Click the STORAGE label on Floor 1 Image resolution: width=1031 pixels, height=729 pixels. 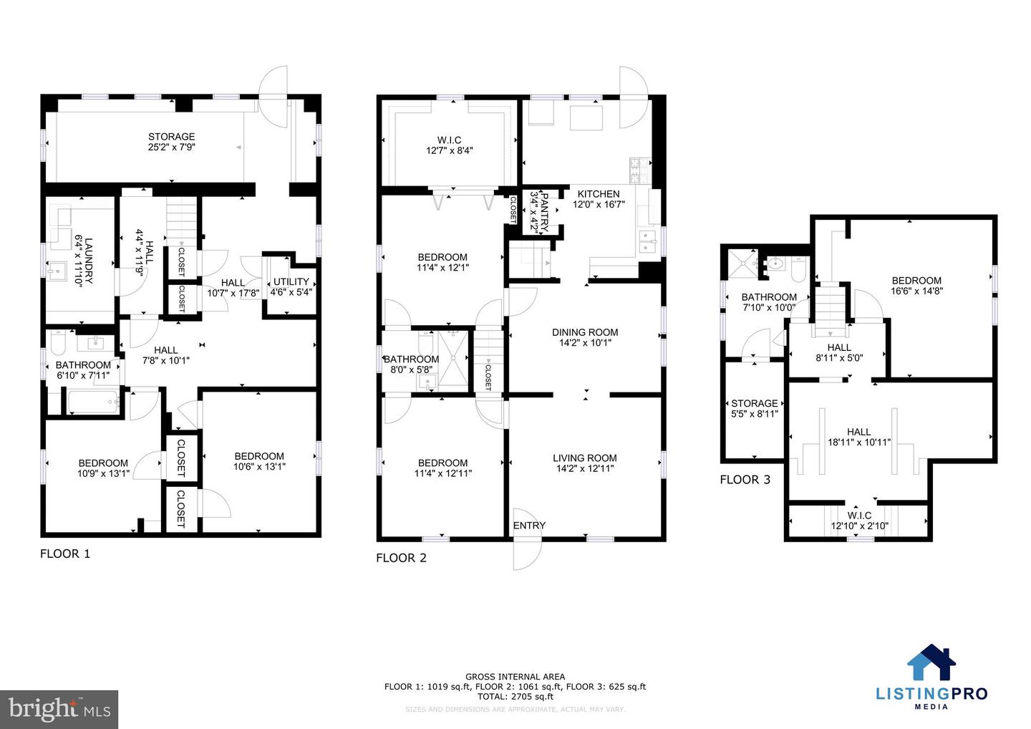click(171, 137)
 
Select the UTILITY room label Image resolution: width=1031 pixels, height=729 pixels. click(291, 281)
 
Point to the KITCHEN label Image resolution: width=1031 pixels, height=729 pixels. click(599, 194)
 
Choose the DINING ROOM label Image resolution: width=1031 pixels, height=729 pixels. click(585, 332)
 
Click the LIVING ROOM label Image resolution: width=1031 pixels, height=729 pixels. click(585, 458)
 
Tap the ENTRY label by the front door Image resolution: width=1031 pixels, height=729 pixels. click(529, 526)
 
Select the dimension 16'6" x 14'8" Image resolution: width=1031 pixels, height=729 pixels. click(916, 291)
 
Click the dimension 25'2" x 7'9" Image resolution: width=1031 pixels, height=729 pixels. click(171, 148)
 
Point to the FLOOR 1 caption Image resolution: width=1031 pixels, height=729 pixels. click(65, 554)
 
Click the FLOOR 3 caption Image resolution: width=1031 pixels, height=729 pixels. click(745, 480)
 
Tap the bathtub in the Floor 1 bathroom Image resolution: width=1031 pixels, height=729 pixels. click(93, 402)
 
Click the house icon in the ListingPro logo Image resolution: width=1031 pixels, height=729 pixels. click(931, 663)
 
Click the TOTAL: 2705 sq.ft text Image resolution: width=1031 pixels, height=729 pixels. click(515, 696)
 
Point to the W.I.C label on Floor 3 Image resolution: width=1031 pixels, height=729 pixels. click(859, 516)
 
